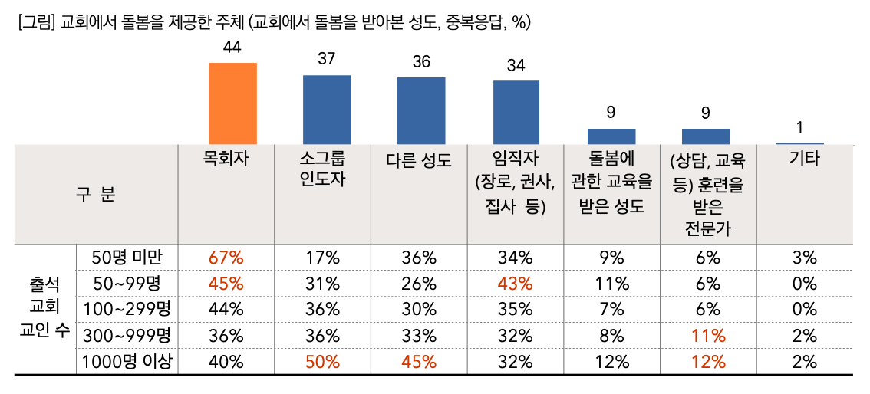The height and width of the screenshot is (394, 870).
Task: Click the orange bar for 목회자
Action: point(232,103)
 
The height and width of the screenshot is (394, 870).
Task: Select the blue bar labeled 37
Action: point(327,109)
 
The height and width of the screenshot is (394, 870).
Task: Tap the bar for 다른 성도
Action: point(421,110)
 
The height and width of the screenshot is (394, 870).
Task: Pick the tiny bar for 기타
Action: point(800,143)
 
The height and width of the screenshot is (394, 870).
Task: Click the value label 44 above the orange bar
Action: point(232,48)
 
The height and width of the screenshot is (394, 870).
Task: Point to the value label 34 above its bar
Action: point(516,66)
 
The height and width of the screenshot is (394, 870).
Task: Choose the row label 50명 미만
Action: point(126,257)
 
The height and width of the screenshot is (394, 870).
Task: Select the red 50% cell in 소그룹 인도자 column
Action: point(322,363)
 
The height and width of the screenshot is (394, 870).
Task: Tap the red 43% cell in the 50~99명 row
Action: point(514,284)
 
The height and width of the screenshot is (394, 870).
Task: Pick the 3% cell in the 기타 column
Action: point(804,258)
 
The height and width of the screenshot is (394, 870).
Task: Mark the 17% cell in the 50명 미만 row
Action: point(322,258)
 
